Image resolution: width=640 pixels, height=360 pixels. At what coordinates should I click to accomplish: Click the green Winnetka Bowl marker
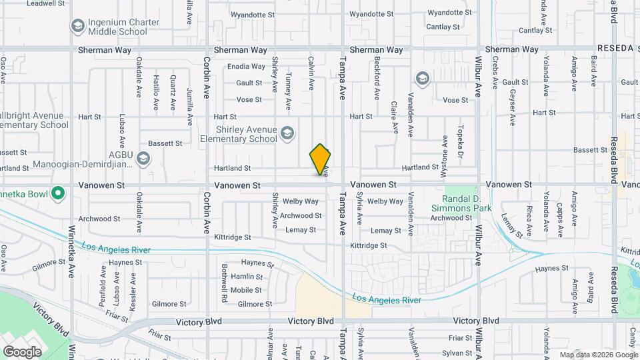(x=58, y=195)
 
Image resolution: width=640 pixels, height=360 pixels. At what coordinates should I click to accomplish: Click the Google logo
(x=22, y=351)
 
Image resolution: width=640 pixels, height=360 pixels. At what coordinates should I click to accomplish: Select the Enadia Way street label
(x=246, y=67)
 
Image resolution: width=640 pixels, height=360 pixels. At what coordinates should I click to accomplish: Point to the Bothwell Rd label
(x=225, y=284)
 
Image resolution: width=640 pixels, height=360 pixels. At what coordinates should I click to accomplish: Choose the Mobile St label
(x=246, y=290)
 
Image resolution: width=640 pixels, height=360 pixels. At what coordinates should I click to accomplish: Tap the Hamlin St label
(x=246, y=277)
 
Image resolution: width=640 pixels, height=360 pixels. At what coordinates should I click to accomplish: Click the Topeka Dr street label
(x=460, y=138)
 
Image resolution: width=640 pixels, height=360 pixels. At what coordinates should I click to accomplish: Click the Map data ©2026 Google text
(x=599, y=355)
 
